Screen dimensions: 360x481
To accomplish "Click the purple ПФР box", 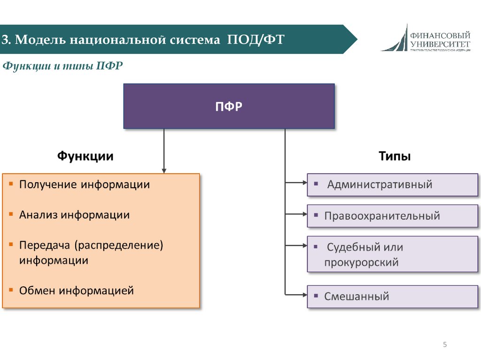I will (x=229, y=106).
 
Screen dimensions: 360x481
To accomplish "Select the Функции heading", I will (x=85, y=156).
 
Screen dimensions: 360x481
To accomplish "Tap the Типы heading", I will (x=395, y=156).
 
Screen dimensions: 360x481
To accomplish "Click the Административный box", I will (x=392, y=184).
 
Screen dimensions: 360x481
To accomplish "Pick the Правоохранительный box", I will (x=392, y=216).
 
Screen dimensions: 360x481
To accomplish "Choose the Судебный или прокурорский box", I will (x=392, y=254).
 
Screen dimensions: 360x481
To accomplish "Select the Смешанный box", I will (x=392, y=297).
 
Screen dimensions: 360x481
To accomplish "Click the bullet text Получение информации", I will (x=85, y=184).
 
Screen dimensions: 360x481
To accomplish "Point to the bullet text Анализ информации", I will (x=74, y=215).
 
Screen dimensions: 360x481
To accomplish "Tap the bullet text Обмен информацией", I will (x=77, y=291).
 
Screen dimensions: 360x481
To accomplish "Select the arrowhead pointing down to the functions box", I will (x=164, y=170).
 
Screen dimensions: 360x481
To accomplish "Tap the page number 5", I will (x=444, y=345).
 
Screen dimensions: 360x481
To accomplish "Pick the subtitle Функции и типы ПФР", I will (x=63, y=66).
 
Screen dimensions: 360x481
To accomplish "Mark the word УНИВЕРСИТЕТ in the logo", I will (x=440, y=43).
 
